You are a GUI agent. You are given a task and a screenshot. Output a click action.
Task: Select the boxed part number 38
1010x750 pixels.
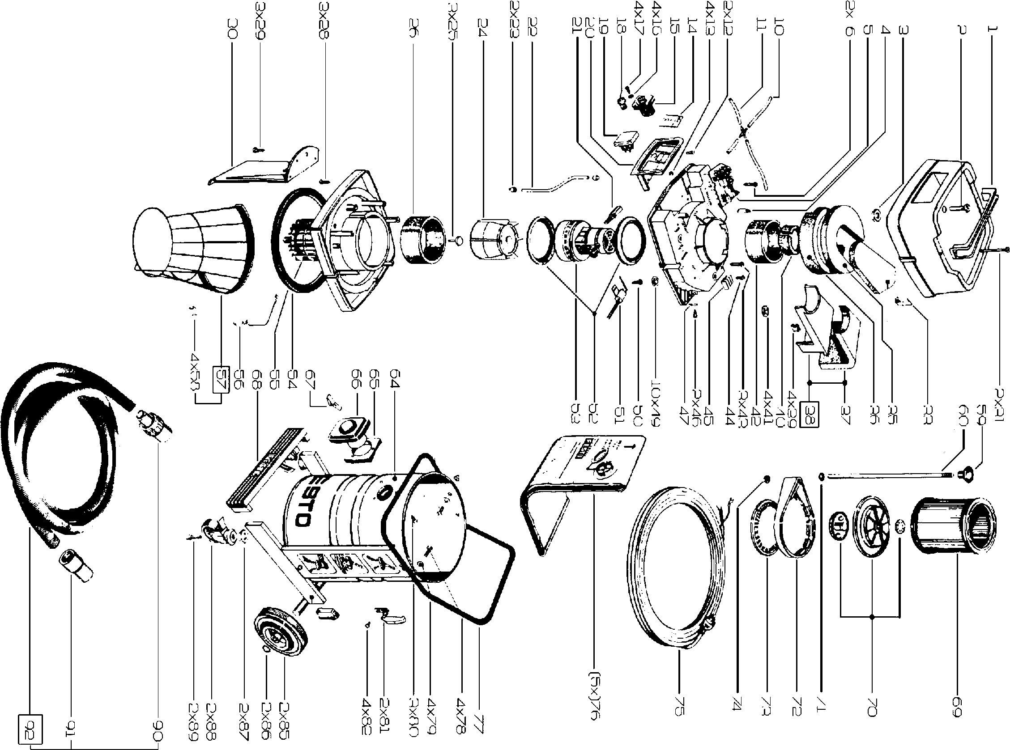click(810, 413)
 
